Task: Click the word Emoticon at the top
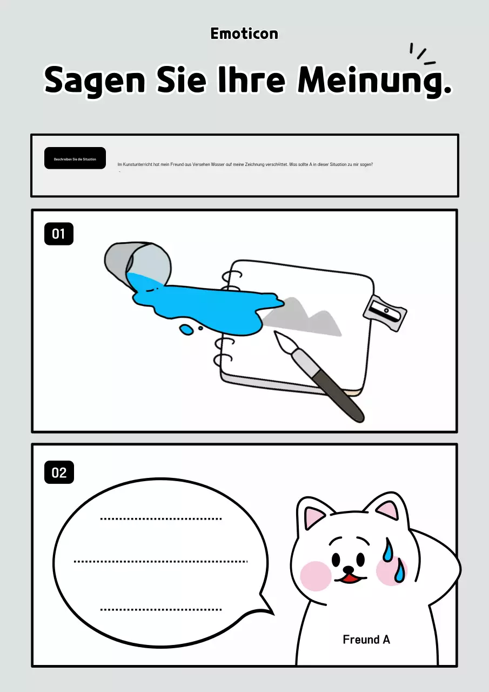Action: coord(244,34)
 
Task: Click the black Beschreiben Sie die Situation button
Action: coord(75,158)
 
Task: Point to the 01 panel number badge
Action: coord(59,234)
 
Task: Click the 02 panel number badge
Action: coord(59,473)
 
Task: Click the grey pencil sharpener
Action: coord(385,312)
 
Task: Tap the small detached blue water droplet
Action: coord(186,329)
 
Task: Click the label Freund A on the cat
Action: coord(366,640)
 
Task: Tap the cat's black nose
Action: coord(349,569)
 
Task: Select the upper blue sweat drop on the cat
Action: coord(388,550)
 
